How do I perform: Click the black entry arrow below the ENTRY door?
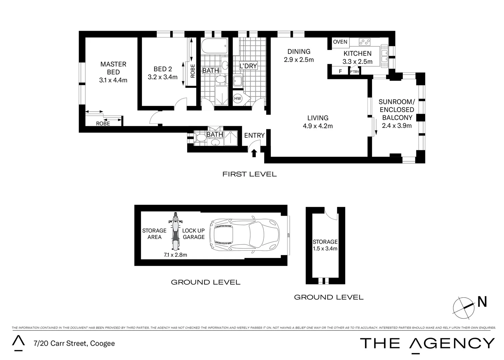[x=254, y=153]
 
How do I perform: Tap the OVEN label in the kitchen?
[x=340, y=42]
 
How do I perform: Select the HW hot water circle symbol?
[x=238, y=98]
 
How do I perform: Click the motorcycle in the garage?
[x=175, y=232]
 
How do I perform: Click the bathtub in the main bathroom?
[x=214, y=46]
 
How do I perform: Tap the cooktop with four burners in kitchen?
[x=365, y=42]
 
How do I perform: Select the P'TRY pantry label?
[x=354, y=71]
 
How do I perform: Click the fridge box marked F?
[x=340, y=71]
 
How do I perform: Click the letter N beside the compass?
[x=482, y=302]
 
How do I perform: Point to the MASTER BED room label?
[x=113, y=68]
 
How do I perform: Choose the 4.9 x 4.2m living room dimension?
[x=318, y=126]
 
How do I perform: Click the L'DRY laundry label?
[x=248, y=66]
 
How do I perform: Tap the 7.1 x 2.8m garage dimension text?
[x=175, y=255]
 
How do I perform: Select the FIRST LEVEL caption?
[x=250, y=174]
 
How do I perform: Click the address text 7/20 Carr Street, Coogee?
[x=74, y=343]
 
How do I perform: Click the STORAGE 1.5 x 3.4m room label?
[x=325, y=245]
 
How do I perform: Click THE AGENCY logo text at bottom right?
[x=427, y=343]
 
